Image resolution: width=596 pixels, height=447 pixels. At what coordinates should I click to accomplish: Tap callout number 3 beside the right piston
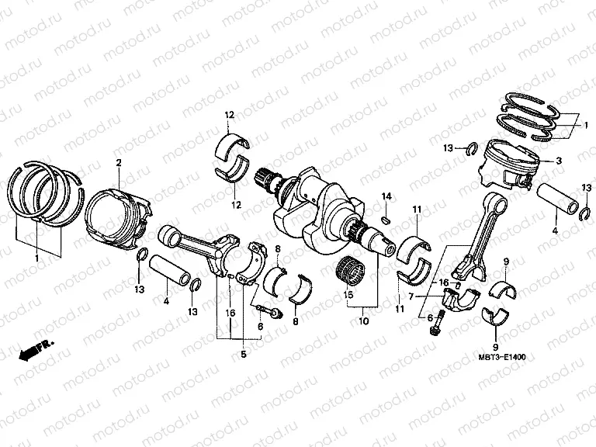(558, 161)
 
